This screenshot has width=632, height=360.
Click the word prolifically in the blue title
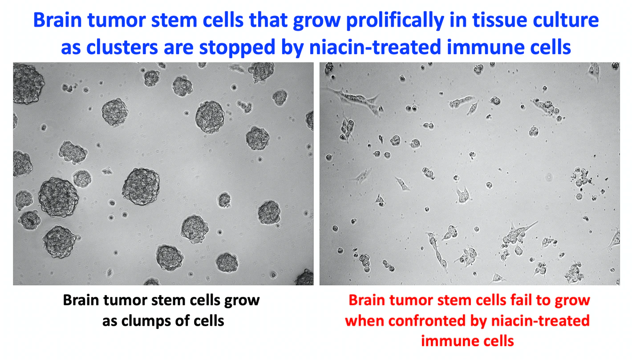(x=395, y=20)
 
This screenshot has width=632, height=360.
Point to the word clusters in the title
(x=122, y=47)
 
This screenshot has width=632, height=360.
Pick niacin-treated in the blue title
(x=375, y=47)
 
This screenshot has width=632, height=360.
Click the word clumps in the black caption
(x=145, y=321)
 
